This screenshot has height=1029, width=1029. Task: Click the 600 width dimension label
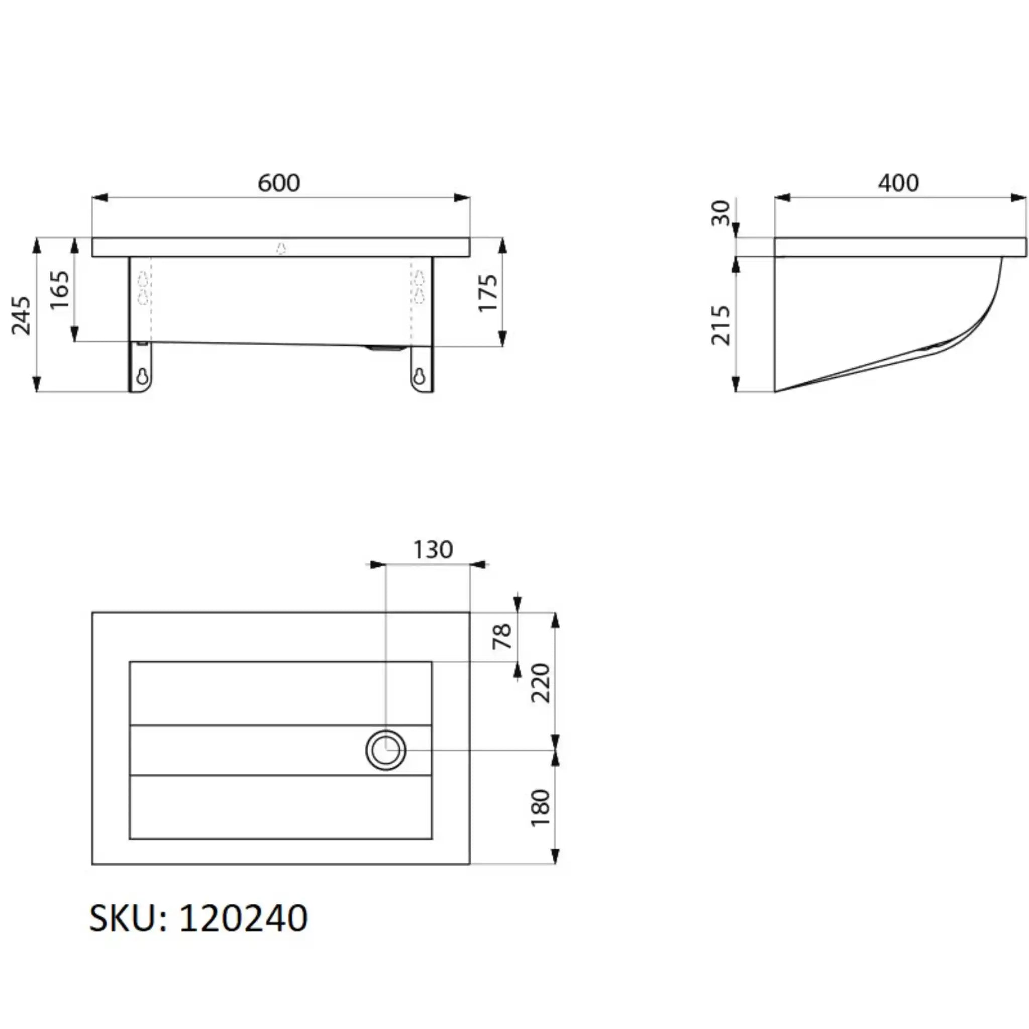tap(278, 183)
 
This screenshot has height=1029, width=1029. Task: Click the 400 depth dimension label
tap(898, 183)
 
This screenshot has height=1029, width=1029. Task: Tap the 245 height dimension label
tap(21, 316)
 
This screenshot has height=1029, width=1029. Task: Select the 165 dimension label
tap(59, 290)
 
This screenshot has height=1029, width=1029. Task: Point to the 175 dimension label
tap(488, 292)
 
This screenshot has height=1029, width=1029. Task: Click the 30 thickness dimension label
tap(721, 213)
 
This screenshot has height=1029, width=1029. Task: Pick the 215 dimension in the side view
tap(721, 325)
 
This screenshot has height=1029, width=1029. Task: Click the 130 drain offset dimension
tap(433, 550)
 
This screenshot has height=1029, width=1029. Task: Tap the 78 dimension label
tap(502, 637)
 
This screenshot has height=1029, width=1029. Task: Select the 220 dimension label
tap(541, 683)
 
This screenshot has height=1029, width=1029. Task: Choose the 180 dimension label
tap(541, 807)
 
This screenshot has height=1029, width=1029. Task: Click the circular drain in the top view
tap(385, 750)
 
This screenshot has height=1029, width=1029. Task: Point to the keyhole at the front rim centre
tap(281, 248)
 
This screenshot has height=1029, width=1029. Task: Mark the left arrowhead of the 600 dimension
tap(100, 198)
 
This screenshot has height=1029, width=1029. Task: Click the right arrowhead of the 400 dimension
tap(1018, 198)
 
